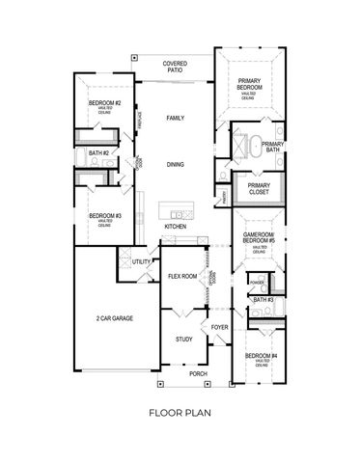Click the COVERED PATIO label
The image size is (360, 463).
175,66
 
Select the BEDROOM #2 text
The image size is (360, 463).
103,101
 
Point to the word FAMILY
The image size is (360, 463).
175,118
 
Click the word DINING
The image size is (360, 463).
175,164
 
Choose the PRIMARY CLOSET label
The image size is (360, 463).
259,189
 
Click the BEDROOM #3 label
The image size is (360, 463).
103,216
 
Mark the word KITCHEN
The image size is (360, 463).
175,227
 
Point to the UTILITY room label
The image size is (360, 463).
142,261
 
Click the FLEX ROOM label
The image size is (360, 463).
182,276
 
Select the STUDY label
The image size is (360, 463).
183,340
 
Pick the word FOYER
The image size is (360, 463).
219,327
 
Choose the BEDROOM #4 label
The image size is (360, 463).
256,357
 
